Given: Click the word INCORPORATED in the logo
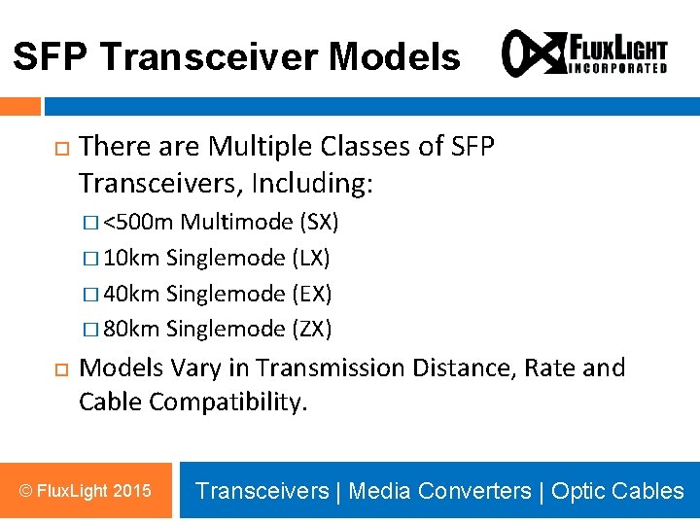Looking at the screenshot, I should coord(617,68).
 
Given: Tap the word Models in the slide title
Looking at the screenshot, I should coord(394,57).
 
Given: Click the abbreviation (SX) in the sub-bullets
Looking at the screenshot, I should coord(319,223).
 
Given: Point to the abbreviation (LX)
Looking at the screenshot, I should coord(311,258).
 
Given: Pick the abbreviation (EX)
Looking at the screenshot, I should coord(312,294).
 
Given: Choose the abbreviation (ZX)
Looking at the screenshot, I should coord(312,329).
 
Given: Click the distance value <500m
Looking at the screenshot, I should coord(139,223).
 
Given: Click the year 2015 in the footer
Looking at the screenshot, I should coord(132,491).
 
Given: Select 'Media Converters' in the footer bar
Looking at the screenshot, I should coord(439,491).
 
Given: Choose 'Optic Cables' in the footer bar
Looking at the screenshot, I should coord(617,491).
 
